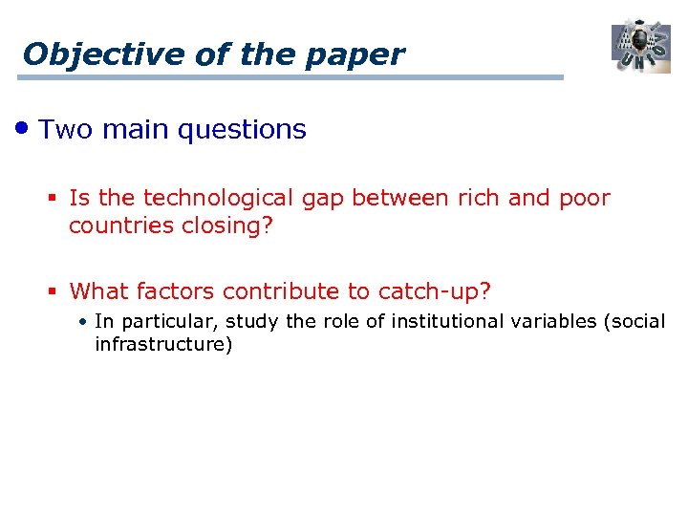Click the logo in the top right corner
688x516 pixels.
(x=641, y=45)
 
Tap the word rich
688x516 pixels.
(x=478, y=198)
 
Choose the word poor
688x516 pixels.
(x=583, y=198)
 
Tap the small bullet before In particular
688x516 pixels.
(x=84, y=322)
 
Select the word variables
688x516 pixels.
(x=554, y=321)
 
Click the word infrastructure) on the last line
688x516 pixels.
(x=163, y=344)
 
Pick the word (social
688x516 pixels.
(x=634, y=321)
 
